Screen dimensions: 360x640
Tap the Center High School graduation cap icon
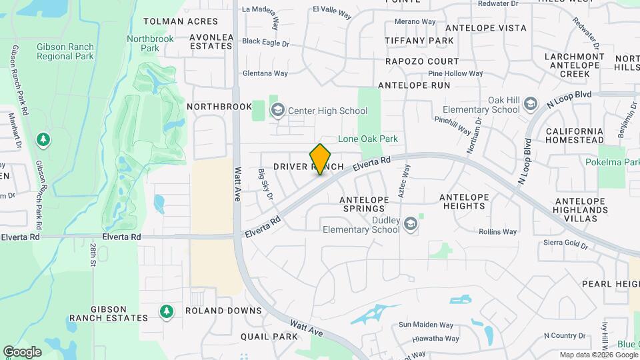click(x=277, y=110)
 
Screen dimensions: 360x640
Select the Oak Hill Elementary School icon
click(x=530, y=104)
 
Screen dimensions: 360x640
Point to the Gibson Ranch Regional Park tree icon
click(x=44, y=139)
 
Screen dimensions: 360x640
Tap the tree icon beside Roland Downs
click(x=166, y=311)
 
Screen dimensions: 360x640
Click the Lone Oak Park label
click(x=368, y=139)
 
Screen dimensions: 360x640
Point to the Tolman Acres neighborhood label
click(x=181, y=21)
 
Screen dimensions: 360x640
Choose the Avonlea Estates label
click(x=212, y=41)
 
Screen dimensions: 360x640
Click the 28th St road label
click(x=91, y=255)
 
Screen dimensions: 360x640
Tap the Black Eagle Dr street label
click(x=265, y=42)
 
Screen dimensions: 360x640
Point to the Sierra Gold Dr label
click(x=566, y=245)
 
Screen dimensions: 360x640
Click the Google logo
click(x=22, y=351)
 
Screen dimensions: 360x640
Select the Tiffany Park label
click(x=419, y=41)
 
